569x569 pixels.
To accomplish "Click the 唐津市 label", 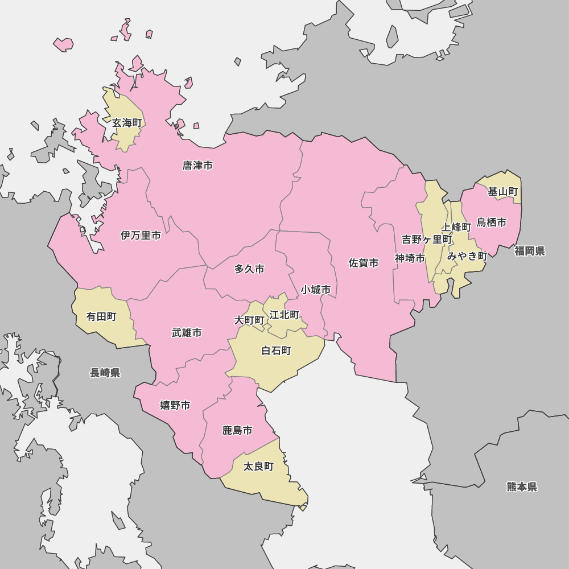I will pos(197,166).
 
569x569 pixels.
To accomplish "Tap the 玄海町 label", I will pos(126,123).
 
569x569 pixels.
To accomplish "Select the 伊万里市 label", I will pos(141,235).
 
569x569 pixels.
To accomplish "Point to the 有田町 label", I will pos(101,316).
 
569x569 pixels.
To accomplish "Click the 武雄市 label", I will pos(187,333).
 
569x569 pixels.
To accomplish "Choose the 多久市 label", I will pos(249,269).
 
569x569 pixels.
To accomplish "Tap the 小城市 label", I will pos(316,290).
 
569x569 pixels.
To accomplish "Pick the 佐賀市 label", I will pos(364,263).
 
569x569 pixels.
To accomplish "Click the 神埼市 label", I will pos(410,258).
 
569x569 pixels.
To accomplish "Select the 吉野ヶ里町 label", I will pos(427,240).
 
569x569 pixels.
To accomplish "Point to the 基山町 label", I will pos(503,192).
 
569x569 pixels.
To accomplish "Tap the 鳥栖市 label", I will pos(492,222).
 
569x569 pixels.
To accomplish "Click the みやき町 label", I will pos(467,256).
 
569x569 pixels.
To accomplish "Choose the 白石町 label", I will pos(277,351).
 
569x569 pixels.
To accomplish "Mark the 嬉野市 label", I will pos(175,405).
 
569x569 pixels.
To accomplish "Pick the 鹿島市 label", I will pos(237,430).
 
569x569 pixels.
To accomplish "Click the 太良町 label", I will pos(258,467).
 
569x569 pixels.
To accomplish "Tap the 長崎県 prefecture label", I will pos(105,373).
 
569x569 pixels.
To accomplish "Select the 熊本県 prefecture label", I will pos(522,486).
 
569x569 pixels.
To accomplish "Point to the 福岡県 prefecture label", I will pos(530,251).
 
